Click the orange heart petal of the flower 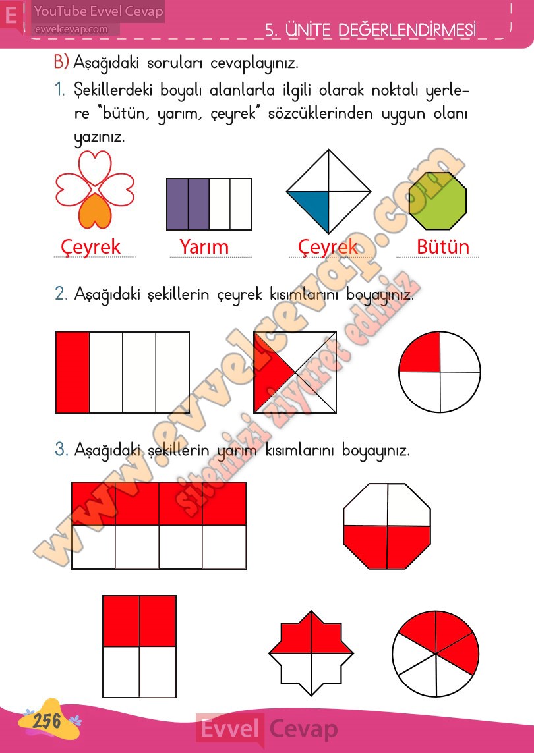click(95, 212)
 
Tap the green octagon click(437, 201)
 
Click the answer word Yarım click(204, 247)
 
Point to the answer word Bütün click(442, 247)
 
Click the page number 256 click(47, 720)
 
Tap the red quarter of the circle click(419, 352)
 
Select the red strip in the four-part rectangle click(73, 372)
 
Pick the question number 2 click(61, 294)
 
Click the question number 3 click(61, 450)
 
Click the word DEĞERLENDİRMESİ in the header click(407, 30)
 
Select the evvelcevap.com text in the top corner click(71, 29)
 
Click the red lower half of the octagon click(388, 547)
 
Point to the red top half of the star click(311, 633)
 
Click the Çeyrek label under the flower click(90, 248)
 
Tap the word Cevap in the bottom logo click(303, 729)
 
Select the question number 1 click(59, 90)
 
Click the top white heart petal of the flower click(95, 167)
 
